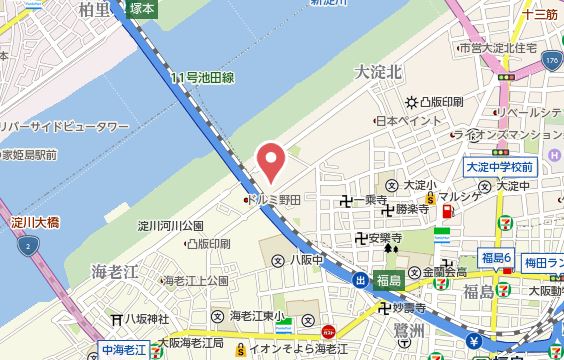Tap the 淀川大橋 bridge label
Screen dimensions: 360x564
[33, 220]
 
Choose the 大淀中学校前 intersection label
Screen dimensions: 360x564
[499, 166]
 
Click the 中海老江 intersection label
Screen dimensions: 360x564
[124, 351]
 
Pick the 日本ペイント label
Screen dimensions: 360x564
[400, 121]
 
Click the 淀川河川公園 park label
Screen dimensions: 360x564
[170, 225]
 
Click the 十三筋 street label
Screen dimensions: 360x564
[539, 13]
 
